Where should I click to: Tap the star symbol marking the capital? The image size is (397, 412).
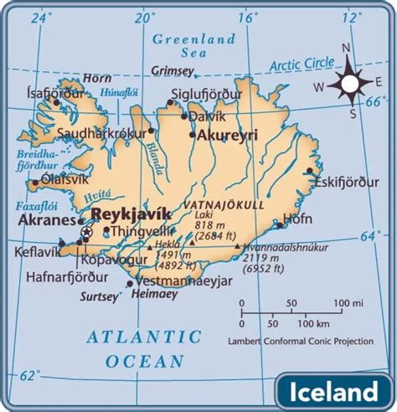point(87,232)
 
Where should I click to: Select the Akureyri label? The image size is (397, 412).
point(228,134)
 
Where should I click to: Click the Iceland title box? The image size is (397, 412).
point(333,391)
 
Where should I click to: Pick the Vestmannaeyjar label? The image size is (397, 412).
point(179,281)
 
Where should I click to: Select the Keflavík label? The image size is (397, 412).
point(33,250)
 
